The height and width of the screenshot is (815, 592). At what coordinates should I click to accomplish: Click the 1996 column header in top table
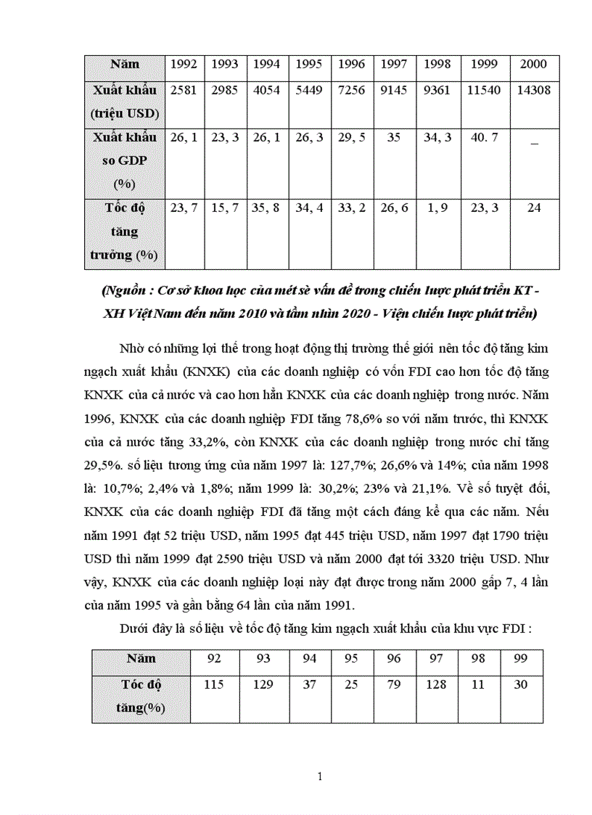tap(351, 64)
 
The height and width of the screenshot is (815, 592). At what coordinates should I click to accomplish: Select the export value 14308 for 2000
tap(533, 91)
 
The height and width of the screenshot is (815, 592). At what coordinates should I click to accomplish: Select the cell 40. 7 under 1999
tap(484, 137)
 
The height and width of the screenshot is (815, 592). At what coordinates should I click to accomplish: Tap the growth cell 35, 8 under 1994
tap(267, 208)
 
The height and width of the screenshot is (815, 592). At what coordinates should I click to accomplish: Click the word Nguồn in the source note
tap(124, 292)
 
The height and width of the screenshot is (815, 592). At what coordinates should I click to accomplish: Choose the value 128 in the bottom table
tap(436, 684)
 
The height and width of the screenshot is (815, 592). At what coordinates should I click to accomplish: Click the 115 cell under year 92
tap(213, 684)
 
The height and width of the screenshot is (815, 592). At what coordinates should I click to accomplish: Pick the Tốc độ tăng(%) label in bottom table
tap(141, 696)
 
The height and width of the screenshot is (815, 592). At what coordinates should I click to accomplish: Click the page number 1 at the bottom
tap(320, 777)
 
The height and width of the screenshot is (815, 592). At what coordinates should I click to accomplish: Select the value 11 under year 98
tap(478, 684)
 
